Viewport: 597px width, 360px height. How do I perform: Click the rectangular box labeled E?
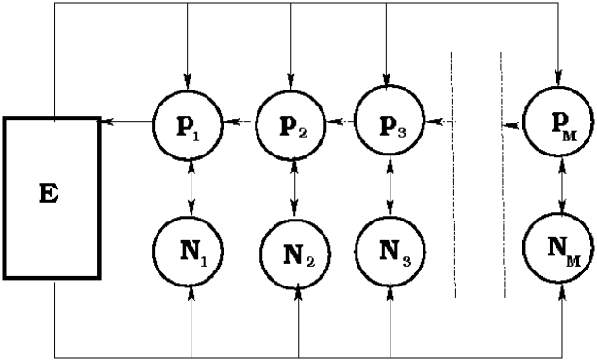click(x=52, y=198)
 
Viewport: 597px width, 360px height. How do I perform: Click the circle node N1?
click(x=191, y=251)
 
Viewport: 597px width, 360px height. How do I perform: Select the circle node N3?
click(x=390, y=251)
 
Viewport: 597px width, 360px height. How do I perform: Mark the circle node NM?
click(x=562, y=248)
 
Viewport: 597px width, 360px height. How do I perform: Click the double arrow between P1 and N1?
click(x=191, y=187)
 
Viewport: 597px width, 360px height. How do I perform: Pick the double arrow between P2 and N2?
click(x=296, y=188)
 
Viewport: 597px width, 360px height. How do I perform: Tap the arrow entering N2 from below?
click(x=298, y=320)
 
